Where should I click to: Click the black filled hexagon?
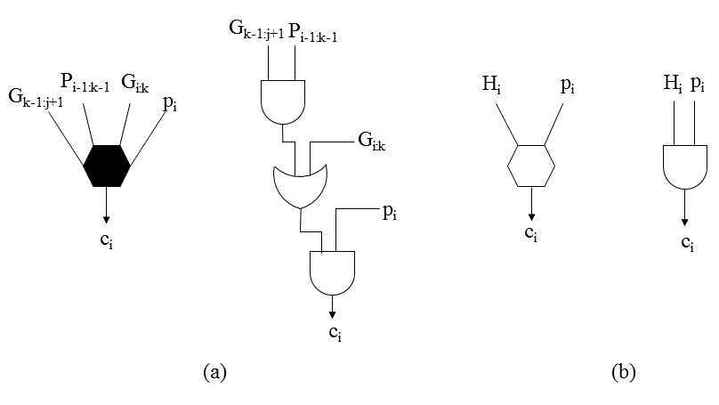pyautogui.click(x=107, y=165)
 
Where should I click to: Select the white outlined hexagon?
pyautogui.click(x=531, y=165)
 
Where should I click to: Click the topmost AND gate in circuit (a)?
pyautogui.click(x=281, y=101)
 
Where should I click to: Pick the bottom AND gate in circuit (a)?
pyautogui.click(x=332, y=271)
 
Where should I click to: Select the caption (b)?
pyautogui.click(x=624, y=372)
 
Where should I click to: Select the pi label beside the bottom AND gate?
pyautogui.click(x=390, y=211)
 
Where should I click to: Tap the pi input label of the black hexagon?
pyautogui.click(x=169, y=102)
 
